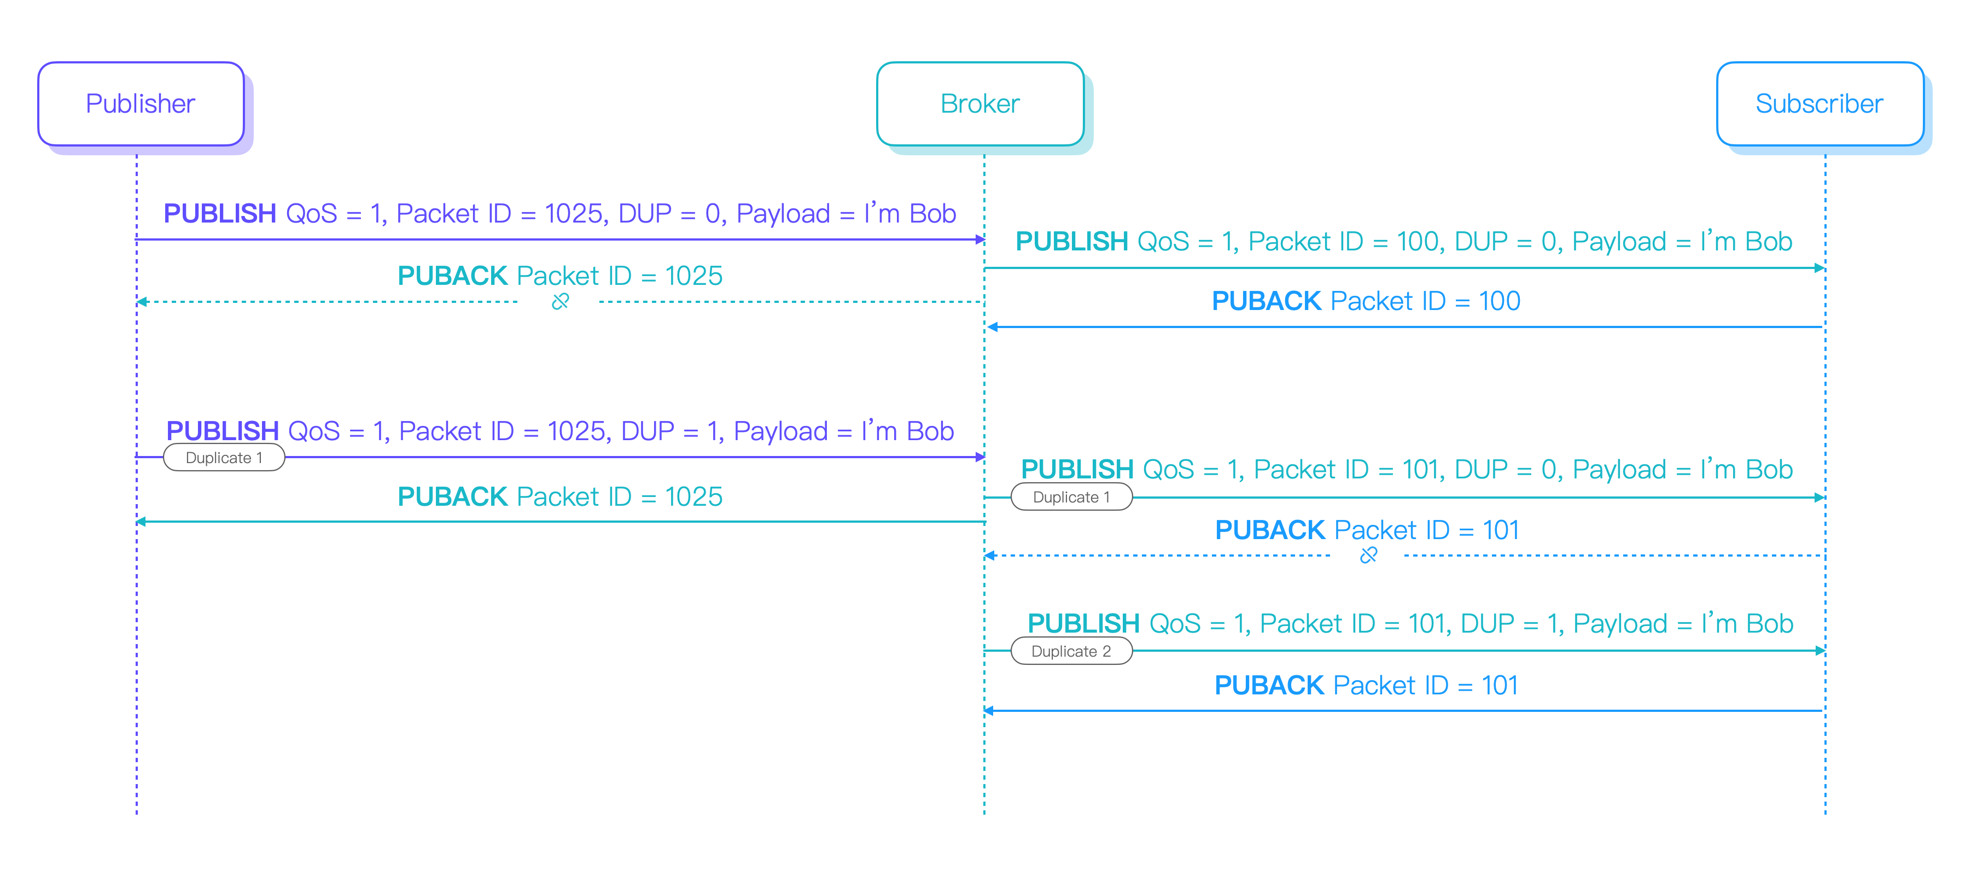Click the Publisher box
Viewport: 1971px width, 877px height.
[141, 104]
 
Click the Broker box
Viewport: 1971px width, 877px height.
[980, 104]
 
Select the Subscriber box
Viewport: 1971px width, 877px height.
[1820, 104]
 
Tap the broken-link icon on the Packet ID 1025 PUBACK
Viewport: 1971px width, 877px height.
[560, 301]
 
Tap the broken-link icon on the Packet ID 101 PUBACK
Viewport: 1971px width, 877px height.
[1368, 556]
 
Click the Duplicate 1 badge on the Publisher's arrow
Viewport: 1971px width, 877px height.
[224, 458]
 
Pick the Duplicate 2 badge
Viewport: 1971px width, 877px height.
[1071, 651]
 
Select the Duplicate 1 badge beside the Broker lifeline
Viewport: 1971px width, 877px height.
[1071, 498]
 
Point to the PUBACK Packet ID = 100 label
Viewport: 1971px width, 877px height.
[1366, 301]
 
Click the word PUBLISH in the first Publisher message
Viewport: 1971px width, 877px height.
[220, 214]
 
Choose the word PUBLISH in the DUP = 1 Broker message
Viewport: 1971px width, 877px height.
[1083, 624]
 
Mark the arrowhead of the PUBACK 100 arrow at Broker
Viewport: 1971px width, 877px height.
[992, 328]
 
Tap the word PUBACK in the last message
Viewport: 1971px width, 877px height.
[1269, 686]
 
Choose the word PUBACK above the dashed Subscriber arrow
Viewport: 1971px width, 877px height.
[1269, 530]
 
